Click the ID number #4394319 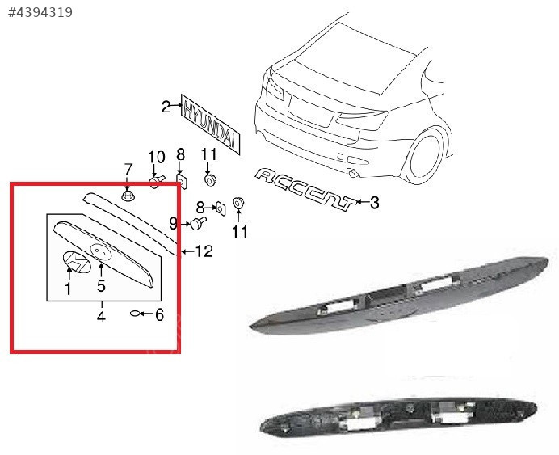[40, 12]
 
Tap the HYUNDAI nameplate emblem [210, 124]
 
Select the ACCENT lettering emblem [305, 189]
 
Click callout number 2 [166, 106]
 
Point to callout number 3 [374, 203]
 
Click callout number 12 [204, 252]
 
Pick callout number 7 [128, 170]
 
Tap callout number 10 [157, 158]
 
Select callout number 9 [173, 224]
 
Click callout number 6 [159, 315]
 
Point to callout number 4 [101, 316]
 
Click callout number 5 [101, 285]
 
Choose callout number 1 [68, 289]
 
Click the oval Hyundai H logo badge [77, 263]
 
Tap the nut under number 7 [128, 196]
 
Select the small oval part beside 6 [136, 314]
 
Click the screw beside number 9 [199, 223]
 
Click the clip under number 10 [157, 182]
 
